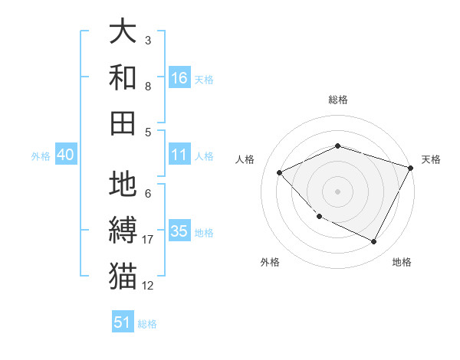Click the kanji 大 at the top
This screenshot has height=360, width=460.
click(123, 31)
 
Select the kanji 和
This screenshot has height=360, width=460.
click(123, 77)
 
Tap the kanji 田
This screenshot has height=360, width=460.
click(123, 123)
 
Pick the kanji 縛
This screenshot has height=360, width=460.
click(123, 231)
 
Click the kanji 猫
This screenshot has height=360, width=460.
click(123, 276)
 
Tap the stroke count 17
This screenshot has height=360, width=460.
click(148, 240)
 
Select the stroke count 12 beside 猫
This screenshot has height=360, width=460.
click(148, 286)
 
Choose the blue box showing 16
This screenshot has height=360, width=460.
click(179, 77)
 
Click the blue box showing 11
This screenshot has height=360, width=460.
click(179, 155)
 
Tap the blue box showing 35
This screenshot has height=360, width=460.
click(179, 231)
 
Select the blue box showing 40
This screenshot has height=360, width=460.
click(65, 155)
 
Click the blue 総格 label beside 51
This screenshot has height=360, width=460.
click(147, 324)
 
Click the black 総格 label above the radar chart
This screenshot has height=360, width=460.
click(338, 100)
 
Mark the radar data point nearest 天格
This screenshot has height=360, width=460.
click(412, 168)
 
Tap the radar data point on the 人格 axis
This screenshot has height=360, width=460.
click(280, 172)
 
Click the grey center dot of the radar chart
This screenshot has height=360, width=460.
click(338, 191)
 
